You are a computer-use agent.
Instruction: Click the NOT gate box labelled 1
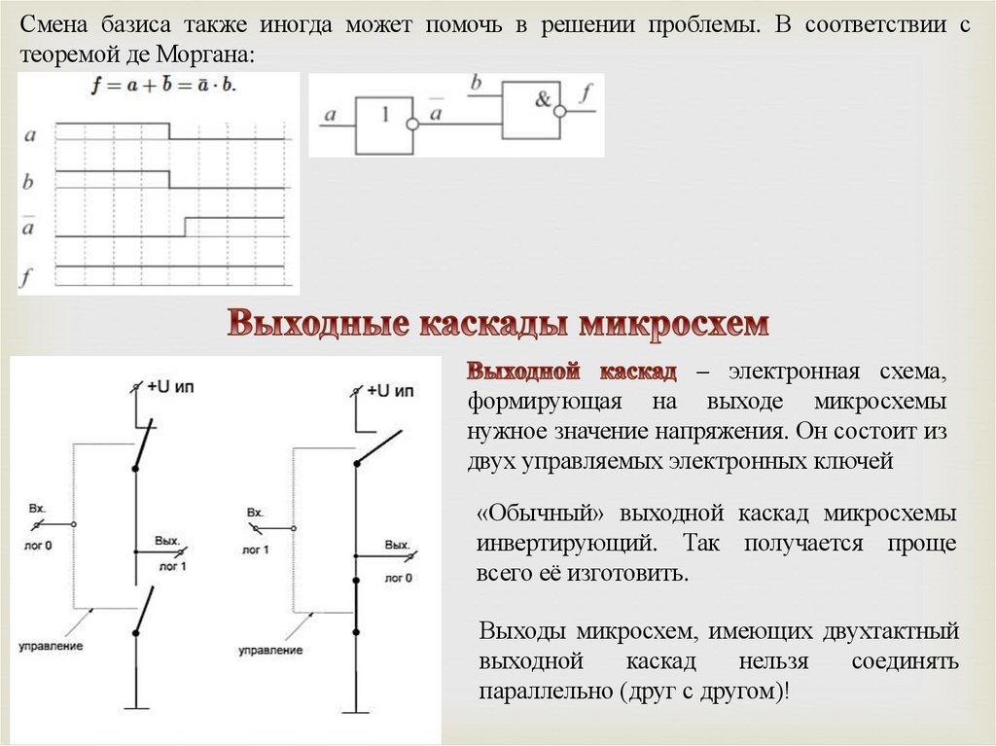tap(384, 124)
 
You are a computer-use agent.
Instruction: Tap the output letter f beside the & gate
tap(585, 94)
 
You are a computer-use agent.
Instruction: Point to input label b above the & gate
tap(477, 84)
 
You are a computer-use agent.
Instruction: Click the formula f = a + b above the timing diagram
tap(163, 86)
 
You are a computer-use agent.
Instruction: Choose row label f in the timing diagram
tap(28, 278)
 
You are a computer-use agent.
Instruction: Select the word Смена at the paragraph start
tap(54, 25)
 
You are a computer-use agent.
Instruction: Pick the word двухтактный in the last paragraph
tap(884, 632)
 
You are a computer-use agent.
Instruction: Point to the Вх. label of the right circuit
tap(255, 513)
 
